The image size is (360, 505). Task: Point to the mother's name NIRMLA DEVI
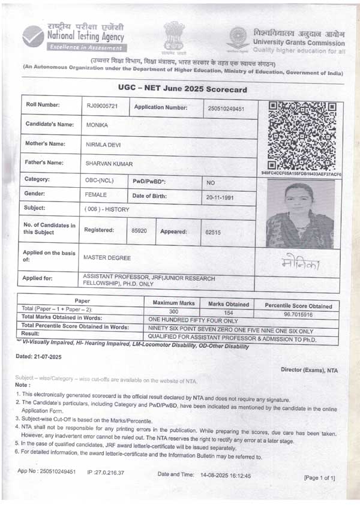[106, 145]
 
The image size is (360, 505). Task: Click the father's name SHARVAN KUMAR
[109, 164]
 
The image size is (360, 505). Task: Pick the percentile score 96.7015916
[298, 314]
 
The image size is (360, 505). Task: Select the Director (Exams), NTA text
[309, 370]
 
